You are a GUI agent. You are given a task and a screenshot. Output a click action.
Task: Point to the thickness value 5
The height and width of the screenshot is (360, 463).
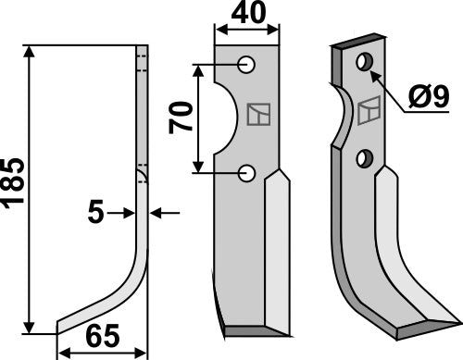pos(95,213)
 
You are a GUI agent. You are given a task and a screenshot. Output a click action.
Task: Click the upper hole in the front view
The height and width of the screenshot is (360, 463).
pos(246,65)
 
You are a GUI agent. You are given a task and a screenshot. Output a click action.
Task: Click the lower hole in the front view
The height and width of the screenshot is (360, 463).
pos(246,171)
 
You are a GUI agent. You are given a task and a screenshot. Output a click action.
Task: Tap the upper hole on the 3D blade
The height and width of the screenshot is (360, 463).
pos(365,63)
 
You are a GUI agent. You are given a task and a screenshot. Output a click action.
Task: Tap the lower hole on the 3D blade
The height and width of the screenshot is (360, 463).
pos(367,158)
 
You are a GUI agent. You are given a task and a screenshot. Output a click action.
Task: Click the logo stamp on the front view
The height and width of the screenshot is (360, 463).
pos(258,117)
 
